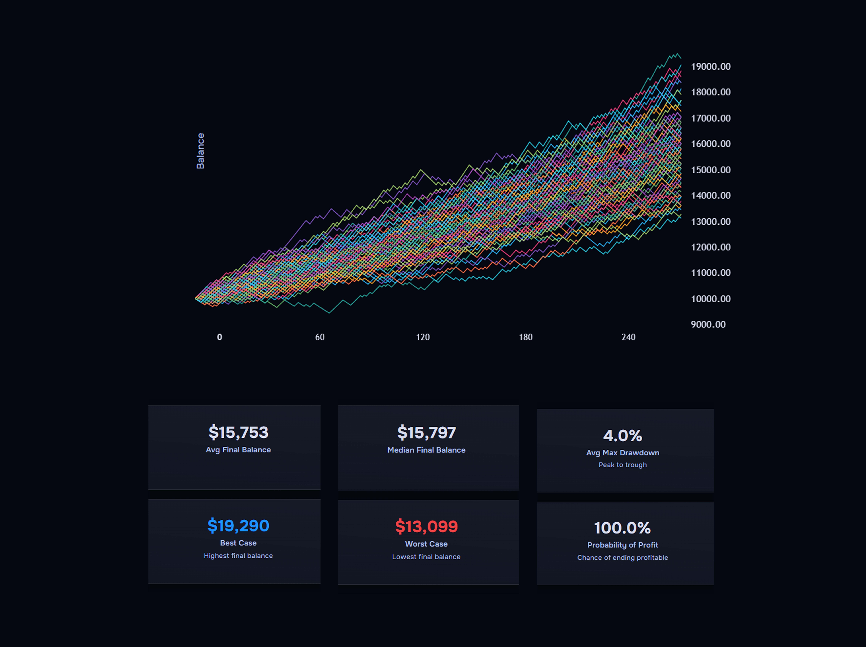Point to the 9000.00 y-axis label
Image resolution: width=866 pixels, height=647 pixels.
coord(708,324)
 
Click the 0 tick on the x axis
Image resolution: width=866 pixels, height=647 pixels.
coord(220,337)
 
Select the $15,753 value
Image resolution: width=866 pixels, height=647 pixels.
coord(238,432)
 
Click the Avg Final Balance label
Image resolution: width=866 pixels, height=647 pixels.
coord(238,450)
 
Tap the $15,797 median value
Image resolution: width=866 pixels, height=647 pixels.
coord(426,433)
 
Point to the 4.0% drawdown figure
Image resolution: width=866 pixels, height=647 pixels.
coord(622,435)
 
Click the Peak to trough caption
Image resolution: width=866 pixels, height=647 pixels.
coord(622,465)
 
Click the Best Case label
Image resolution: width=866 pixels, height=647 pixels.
coord(238,543)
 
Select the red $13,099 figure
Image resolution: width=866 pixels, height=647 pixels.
coord(426,527)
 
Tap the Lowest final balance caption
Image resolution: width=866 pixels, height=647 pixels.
coord(426,557)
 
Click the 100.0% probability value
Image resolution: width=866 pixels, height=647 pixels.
coord(622,528)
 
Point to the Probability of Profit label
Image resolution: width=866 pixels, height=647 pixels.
coord(622,545)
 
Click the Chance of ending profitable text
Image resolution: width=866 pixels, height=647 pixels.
coord(622,557)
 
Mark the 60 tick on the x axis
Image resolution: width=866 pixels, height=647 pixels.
coord(320,337)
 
